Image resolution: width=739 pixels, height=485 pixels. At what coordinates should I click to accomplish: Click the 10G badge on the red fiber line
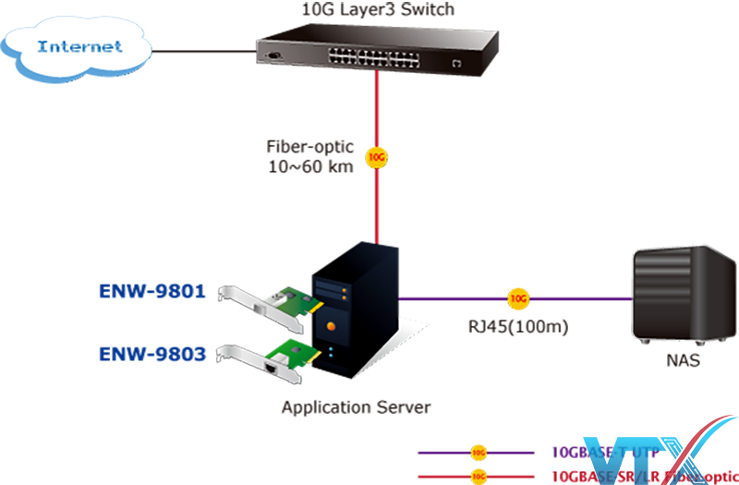tap(376, 158)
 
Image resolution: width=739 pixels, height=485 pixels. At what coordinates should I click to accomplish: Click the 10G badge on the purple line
tap(519, 299)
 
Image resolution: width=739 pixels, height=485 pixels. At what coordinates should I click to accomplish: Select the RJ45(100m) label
tap(518, 325)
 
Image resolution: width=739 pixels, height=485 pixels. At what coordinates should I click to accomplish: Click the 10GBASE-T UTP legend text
tap(600, 453)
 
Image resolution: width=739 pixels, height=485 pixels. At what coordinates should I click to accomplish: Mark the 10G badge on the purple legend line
tap(478, 454)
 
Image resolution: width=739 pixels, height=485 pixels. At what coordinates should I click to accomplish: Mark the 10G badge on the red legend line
tap(478, 475)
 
